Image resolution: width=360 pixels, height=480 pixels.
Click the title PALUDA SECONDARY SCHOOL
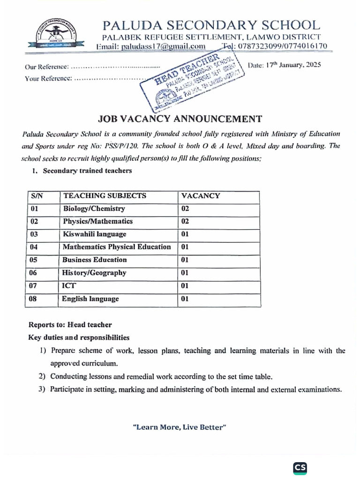coord(211,25)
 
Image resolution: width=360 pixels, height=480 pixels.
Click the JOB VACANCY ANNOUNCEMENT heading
coord(180,119)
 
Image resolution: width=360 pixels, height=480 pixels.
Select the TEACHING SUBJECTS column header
coord(105,196)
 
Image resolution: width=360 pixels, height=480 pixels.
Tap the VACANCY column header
coord(200,196)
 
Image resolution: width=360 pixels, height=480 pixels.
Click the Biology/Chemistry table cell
coord(94,209)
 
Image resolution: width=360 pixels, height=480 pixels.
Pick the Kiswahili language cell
coord(94,234)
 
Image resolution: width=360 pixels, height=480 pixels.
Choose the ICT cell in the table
coord(69,285)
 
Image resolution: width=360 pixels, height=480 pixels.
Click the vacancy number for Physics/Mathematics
coord(185,221)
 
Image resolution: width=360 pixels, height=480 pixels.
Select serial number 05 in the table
coord(34,260)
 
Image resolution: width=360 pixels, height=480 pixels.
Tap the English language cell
coord(90,299)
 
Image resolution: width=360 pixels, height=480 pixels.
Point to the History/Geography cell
coord(94,273)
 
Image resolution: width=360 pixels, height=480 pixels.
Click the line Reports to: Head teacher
coord(70,324)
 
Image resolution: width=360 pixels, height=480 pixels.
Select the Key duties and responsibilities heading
coord(79,337)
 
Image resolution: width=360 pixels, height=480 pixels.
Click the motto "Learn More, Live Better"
coord(180,427)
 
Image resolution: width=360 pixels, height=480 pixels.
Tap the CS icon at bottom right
coord(300,467)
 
